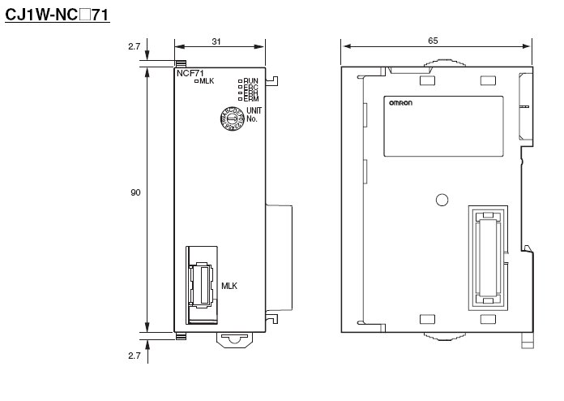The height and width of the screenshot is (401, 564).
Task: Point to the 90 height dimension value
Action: coord(135,193)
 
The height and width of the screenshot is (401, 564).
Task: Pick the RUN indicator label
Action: coord(251,80)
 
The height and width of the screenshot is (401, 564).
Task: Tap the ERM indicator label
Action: coord(251,99)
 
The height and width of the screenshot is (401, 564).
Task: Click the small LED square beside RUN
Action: coord(241,80)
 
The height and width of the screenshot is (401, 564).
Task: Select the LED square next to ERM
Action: coord(241,99)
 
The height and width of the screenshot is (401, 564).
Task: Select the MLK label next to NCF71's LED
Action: coord(207,80)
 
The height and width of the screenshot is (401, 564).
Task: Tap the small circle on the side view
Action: coord(442,200)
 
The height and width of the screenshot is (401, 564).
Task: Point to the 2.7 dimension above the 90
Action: coord(135,46)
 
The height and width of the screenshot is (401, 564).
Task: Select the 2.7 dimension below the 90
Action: coord(135,356)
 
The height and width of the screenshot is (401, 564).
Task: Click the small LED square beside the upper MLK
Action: coord(196,80)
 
